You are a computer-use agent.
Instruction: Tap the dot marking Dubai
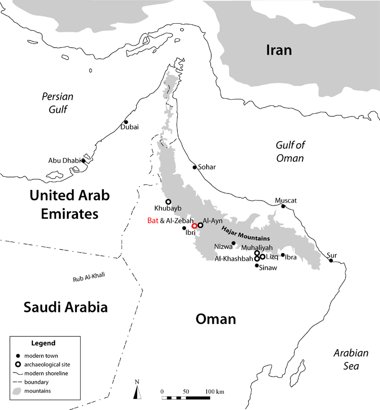[x=126, y=122]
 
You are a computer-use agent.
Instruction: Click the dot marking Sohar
[x=194, y=167]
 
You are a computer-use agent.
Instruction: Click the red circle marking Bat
[x=195, y=226]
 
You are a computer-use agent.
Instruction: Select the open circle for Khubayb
[x=169, y=201]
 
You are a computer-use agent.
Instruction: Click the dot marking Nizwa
[x=234, y=243]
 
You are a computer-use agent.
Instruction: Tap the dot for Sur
[x=331, y=261]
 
